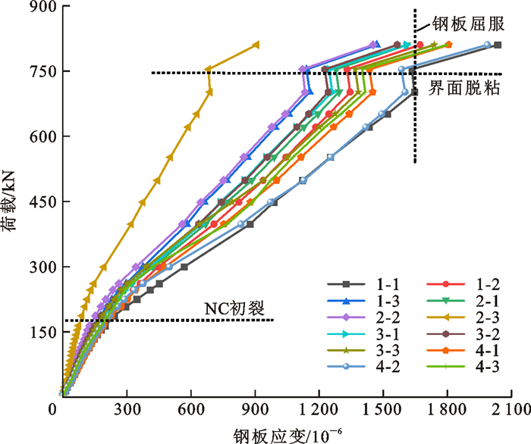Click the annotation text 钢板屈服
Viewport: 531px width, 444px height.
point(467,23)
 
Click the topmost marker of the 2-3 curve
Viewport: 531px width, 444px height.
point(256,45)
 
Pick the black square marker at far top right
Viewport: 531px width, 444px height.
point(497,45)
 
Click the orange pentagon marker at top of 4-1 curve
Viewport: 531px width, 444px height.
point(448,45)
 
